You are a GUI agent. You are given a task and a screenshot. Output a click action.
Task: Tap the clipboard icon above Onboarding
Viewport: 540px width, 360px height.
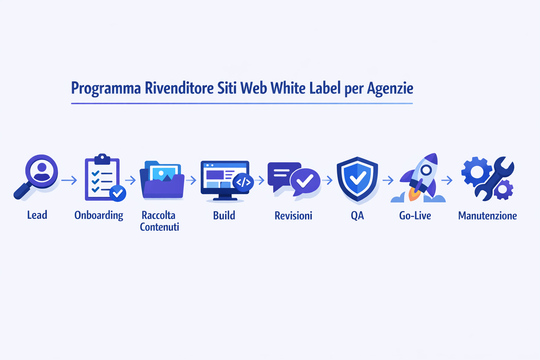102,178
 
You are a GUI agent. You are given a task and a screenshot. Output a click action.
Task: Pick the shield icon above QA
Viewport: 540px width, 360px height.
357,179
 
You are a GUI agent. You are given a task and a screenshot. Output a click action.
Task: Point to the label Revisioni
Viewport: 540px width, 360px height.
293,216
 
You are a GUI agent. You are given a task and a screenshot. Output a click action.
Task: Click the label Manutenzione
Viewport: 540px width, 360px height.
487,216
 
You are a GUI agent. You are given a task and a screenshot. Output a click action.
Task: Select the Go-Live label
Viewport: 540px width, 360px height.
415,216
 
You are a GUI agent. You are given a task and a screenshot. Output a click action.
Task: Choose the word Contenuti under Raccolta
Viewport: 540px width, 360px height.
160,227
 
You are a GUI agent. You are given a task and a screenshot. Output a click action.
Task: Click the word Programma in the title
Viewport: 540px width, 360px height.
106,88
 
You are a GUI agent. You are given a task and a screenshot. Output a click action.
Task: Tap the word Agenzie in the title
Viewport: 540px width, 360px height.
390,88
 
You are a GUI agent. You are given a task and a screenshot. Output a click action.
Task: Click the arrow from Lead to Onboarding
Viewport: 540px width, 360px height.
69,181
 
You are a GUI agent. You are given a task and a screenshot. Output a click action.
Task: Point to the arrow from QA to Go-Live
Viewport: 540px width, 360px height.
388,180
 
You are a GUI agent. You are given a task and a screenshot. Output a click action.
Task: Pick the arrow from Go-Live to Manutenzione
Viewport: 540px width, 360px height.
447,180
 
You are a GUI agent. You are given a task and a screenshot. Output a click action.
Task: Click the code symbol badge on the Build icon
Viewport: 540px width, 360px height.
243,182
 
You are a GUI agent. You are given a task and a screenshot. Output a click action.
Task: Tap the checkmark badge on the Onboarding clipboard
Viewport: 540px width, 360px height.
117,193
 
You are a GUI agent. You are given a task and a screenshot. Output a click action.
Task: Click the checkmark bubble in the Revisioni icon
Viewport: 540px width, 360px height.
305,181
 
